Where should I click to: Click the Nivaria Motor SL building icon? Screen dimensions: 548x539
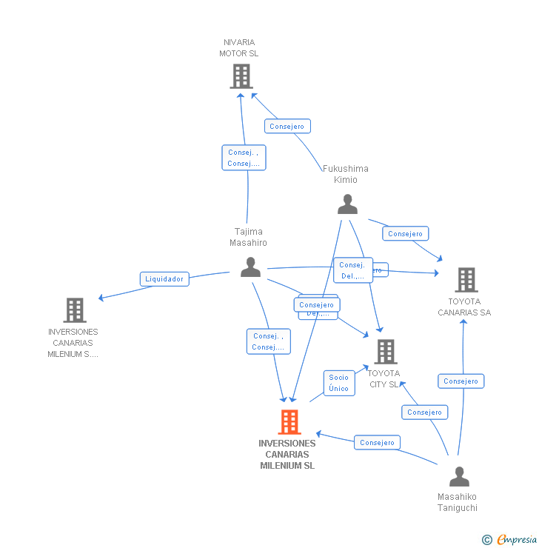point(241,76)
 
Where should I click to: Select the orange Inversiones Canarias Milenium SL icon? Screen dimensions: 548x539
point(289,422)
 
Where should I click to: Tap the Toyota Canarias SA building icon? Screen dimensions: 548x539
point(466,280)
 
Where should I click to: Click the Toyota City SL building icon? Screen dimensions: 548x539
point(385,352)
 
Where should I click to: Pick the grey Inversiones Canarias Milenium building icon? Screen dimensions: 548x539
point(74,310)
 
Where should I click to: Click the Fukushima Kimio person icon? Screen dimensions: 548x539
point(347,204)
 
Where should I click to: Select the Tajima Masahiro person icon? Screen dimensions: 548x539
point(250,267)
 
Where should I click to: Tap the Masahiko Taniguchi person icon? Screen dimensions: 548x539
point(459,476)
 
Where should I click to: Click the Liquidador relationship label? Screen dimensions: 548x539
point(164,279)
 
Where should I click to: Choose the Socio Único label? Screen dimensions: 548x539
point(338,383)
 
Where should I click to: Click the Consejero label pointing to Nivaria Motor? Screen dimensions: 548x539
point(287,127)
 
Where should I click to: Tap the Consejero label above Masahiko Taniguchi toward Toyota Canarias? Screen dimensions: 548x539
point(461,381)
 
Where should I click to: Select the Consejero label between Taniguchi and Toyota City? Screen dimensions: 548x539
point(424,412)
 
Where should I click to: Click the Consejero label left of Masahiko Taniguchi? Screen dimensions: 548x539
point(377,443)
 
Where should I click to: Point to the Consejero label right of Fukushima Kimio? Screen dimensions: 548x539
point(405,234)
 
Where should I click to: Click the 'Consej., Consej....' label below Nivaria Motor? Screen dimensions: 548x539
point(244,158)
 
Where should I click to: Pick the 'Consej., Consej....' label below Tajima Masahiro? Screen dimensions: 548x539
point(268,341)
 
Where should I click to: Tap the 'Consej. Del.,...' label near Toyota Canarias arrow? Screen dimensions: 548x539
point(353,270)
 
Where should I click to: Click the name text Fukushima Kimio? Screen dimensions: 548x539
point(345,174)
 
